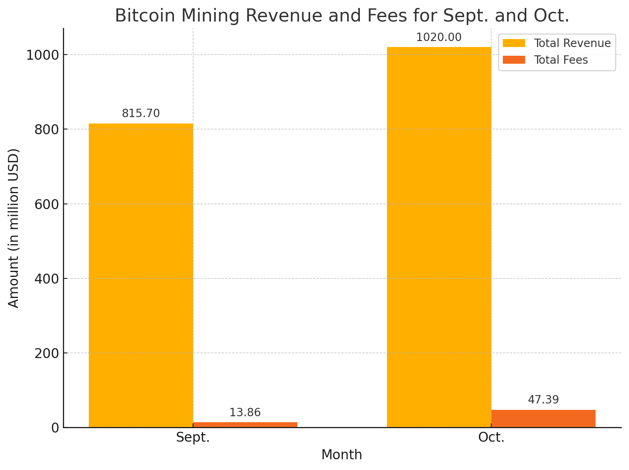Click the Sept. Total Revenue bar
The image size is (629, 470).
[x=141, y=275]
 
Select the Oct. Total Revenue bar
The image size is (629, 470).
[x=439, y=237]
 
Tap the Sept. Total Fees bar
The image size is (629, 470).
[x=245, y=425]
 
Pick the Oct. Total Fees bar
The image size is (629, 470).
[x=543, y=419]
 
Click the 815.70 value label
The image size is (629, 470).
[x=141, y=114]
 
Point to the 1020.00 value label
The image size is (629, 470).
[x=439, y=37]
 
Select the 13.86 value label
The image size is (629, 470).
[x=245, y=413]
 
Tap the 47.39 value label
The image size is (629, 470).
[x=543, y=400]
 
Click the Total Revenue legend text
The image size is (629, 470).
[x=572, y=43]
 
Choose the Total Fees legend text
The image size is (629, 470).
[x=561, y=60]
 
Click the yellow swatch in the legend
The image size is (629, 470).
[x=514, y=43]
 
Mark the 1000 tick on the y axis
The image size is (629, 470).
[x=43, y=55]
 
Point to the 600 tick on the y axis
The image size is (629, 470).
[x=47, y=204]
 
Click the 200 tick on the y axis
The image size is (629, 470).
[x=47, y=353]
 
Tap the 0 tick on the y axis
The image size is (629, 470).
[x=55, y=428]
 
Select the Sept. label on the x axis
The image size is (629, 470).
[x=193, y=438]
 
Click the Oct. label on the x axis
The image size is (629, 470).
[x=491, y=438]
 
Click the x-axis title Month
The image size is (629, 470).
[x=342, y=455]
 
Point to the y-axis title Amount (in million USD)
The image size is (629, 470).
[x=14, y=228]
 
